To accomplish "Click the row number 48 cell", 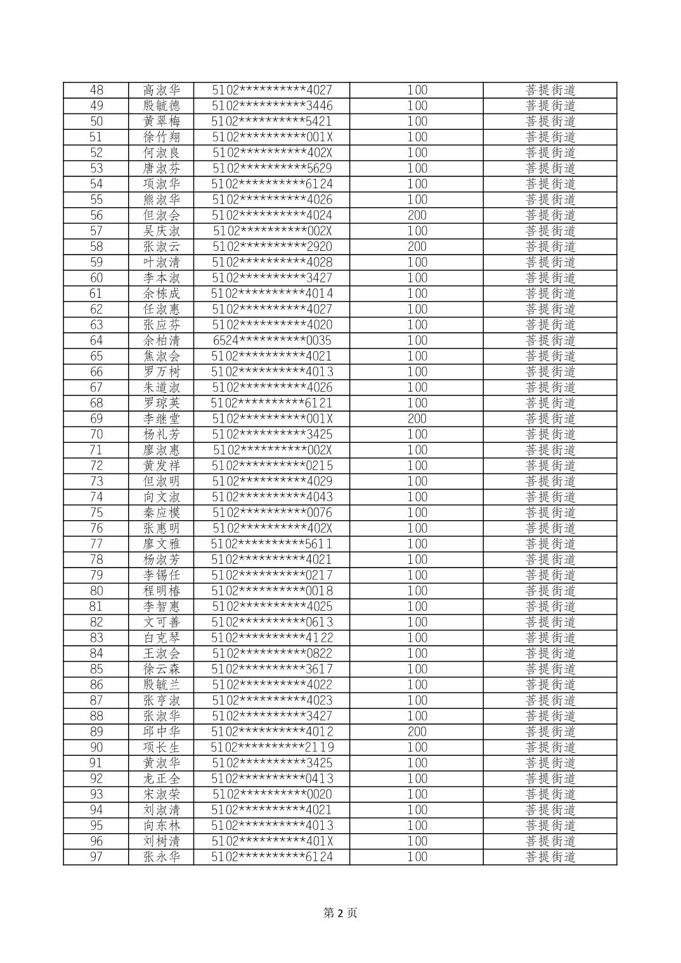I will pos(96,90).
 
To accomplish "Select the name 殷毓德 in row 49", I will pos(162,106).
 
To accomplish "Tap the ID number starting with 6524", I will pos(272,340).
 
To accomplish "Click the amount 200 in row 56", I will pos(417,215).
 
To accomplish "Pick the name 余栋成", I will pos(162,293).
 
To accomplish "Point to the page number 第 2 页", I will pos(340,913).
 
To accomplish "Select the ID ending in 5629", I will pos(272,169).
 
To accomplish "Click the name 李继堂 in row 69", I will pos(162,419).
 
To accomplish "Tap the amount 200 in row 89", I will pos(417,732).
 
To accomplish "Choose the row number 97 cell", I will pos(96,857).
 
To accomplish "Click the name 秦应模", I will pos(162,513).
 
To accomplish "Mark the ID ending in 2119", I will pos(272,748).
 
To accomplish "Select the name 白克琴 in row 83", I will pos(162,638).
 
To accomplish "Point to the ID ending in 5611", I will pos(272,544).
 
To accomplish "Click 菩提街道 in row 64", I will pos(550,340).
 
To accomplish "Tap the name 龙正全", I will pos(162,779).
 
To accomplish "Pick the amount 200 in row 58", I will pos(417,246).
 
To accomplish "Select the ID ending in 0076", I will pos(272,513).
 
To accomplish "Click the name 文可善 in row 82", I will pos(162,622).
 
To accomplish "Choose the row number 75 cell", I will pos(96,513).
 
